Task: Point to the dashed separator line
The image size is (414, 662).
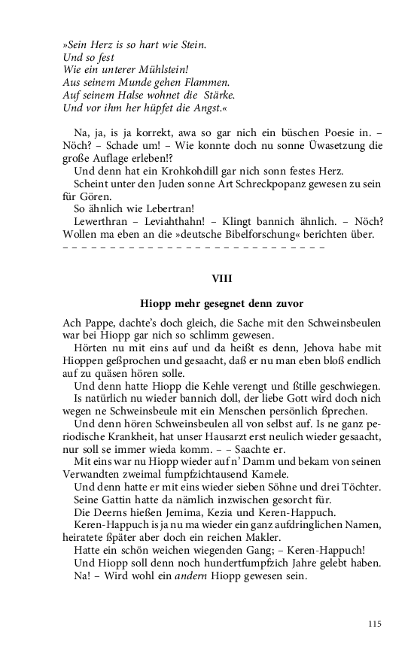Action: point(194,247)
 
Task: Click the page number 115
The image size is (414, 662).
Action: point(375,624)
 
